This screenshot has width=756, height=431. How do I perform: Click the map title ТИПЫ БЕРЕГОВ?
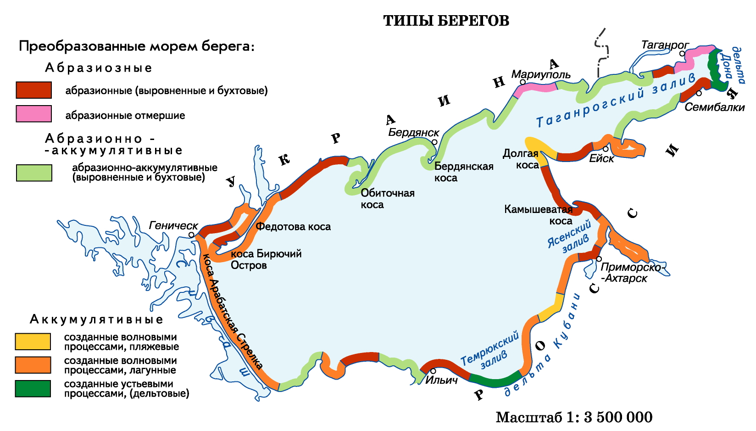(x=446, y=21)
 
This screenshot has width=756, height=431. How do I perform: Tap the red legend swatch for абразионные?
(x=33, y=90)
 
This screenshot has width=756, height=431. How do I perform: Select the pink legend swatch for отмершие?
(x=33, y=114)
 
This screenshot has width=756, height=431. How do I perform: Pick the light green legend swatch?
(x=34, y=173)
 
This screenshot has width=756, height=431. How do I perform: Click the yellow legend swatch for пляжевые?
(x=33, y=341)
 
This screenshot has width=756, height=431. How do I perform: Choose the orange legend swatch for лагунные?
(x=33, y=365)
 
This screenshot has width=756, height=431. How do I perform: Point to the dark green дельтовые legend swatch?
(x=33, y=388)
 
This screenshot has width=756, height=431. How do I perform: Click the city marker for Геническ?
(x=191, y=235)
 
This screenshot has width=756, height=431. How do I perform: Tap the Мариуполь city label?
(x=541, y=74)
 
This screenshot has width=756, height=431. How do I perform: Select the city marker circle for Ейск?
(x=606, y=149)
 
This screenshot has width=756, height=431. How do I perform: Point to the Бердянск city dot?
(x=434, y=142)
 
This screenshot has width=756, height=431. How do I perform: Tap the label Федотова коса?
(x=293, y=227)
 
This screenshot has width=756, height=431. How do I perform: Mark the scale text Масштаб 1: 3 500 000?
(x=573, y=417)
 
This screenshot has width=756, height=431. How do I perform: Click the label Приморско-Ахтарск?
(x=631, y=273)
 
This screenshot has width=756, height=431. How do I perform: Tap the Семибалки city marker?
(x=699, y=93)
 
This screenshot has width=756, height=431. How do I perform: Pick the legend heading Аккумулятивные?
(x=96, y=319)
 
